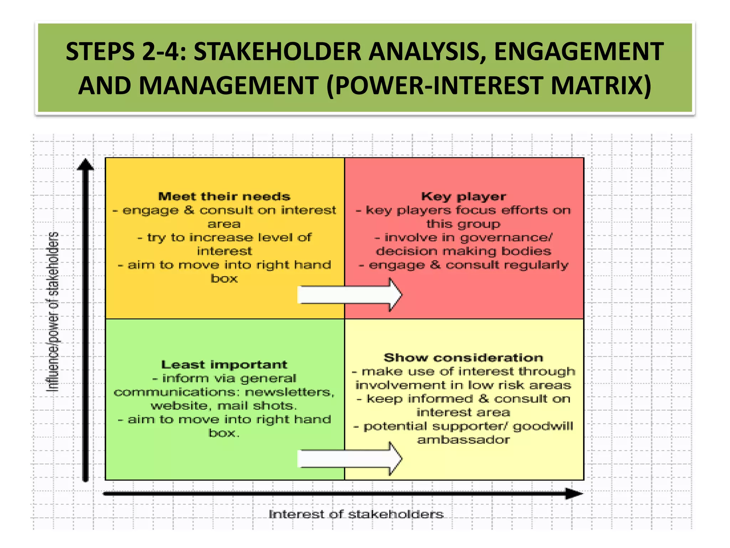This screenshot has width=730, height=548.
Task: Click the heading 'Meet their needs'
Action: [224, 196]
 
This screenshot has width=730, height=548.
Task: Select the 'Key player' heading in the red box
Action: [463, 196]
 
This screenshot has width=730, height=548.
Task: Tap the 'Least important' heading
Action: [224, 365]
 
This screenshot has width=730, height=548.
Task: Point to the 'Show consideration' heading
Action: [463, 357]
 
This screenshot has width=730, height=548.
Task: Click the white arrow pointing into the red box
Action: [349, 295]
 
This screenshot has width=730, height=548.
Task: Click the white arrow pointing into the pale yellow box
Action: [349, 459]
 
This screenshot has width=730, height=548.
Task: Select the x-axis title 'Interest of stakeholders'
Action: [356, 514]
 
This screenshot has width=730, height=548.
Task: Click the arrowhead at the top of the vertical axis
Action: [85, 165]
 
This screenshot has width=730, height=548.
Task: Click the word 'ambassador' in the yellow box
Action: [463, 440]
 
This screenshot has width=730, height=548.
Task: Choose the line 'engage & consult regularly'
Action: [463, 265]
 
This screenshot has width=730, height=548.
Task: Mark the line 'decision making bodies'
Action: [463, 251]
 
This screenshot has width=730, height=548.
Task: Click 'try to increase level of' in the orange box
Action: [224, 238]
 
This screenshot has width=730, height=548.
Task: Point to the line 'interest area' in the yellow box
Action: [463, 412]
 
